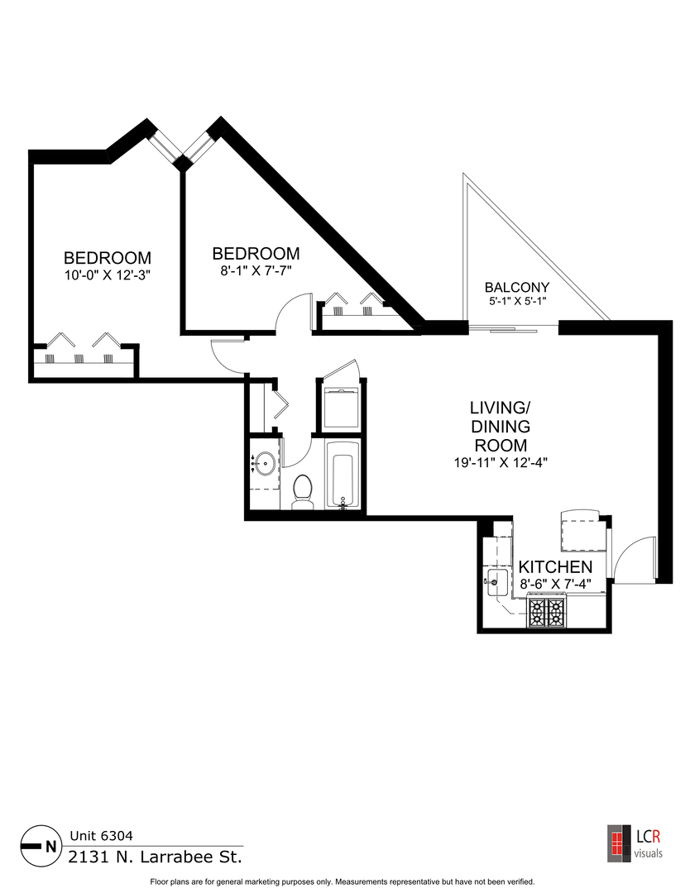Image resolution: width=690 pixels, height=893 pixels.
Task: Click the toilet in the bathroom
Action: point(301,490)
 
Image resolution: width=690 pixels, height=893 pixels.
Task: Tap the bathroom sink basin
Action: point(265,464)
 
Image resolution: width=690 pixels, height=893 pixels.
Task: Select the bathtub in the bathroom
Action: point(342,476)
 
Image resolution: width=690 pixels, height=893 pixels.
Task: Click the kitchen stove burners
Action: point(547,613)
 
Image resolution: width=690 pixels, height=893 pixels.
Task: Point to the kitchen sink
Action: point(496,582)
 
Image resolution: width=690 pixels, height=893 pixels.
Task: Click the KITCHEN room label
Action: point(555,567)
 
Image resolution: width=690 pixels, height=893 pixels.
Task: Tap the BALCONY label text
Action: point(516,288)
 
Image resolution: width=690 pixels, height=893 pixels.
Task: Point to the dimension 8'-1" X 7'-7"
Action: point(256,270)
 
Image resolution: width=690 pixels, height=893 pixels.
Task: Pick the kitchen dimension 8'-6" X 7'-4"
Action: point(555,584)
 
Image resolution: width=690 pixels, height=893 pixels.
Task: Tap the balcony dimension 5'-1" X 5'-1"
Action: point(516,303)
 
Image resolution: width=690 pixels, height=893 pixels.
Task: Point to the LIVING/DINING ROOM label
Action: point(499,426)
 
